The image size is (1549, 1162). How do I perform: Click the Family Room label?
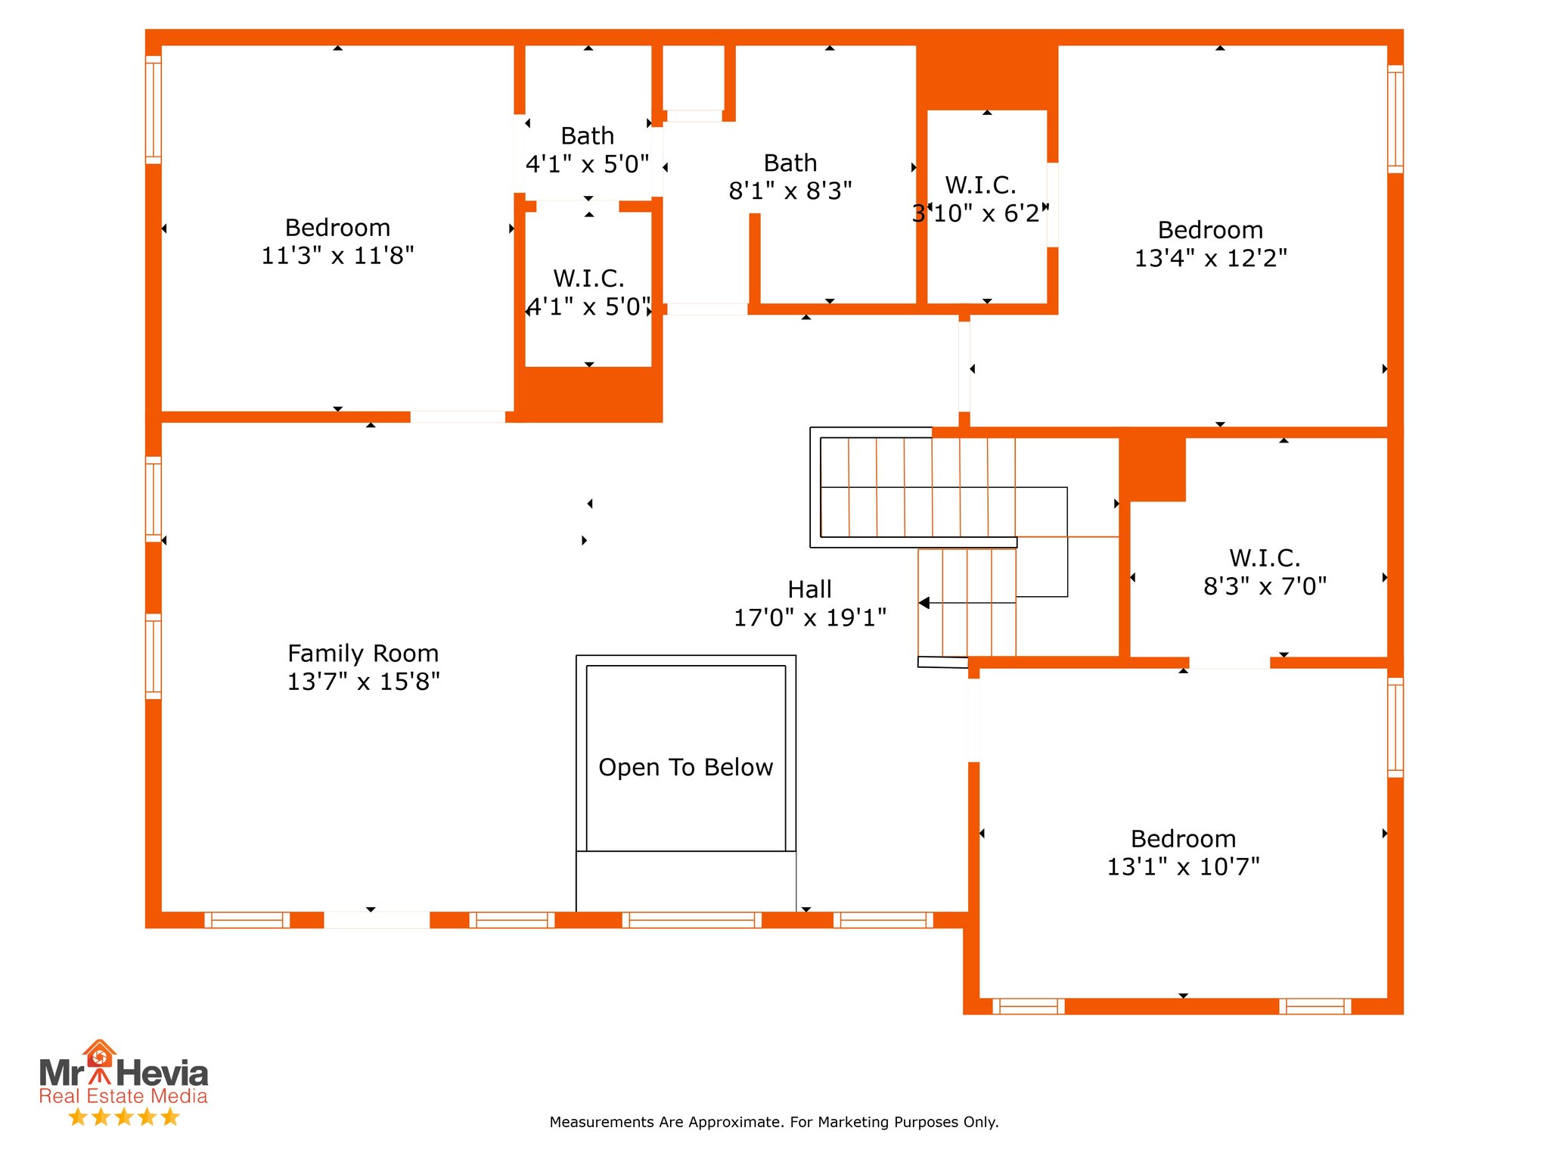363,653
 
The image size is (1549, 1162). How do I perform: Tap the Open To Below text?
686,767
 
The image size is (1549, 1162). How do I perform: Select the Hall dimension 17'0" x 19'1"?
810,617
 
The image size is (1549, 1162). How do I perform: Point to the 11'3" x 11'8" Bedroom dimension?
338,256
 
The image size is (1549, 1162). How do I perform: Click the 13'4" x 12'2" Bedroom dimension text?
1211,258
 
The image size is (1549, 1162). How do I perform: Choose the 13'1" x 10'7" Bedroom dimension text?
1184,866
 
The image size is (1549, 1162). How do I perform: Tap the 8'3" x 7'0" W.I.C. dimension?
1265,586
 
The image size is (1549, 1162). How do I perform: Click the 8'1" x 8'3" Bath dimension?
790,191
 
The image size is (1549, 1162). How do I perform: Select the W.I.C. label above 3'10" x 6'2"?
981,185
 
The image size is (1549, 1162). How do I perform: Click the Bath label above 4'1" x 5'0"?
588,136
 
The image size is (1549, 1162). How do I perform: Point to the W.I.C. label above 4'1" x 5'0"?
589,278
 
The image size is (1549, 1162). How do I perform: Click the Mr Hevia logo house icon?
99,1055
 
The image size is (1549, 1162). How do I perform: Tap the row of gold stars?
124,1117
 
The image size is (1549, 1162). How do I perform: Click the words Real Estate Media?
123,1096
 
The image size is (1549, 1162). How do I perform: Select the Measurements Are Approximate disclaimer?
774,1122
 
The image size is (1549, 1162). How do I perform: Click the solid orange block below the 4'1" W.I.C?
588,394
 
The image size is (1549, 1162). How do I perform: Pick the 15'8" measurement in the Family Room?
410,682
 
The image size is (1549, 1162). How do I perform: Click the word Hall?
810,589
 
